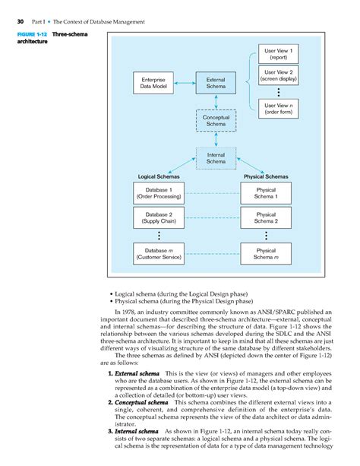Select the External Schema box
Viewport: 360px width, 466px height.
pyautogui.click(x=216, y=82)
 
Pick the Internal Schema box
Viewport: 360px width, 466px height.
pyautogui.click(x=216, y=157)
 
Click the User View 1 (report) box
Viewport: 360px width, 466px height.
pyautogui.click(x=278, y=53)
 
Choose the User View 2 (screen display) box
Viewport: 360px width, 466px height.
pyautogui.click(x=278, y=75)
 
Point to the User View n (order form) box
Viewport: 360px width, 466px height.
pyautogui.click(x=278, y=109)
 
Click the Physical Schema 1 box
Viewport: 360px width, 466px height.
pyautogui.click(x=266, y=193)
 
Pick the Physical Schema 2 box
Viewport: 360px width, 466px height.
pyautogui.click(x=266, y=219)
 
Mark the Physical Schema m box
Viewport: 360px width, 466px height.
pyautogui.click(x=266, y=253)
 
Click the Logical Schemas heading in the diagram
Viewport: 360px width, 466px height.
pyautogui.click(x=159, y=176)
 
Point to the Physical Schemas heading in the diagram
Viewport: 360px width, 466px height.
pyautogui.click(x=265, y=176)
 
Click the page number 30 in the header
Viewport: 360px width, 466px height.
pyautogui.click(x=21, y=21)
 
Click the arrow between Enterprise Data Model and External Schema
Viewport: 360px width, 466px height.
pyautogui.click(x=185, y=82)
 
